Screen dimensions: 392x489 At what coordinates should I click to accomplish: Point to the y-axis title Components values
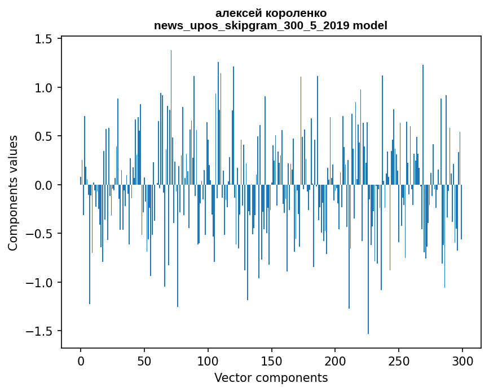click(x=13, y=193)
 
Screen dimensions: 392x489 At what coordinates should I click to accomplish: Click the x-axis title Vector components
click(x=271, y=377)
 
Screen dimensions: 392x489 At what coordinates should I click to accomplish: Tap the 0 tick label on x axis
click(x=81, y=360)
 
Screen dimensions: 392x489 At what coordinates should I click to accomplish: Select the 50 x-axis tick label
click(x=144, y=360)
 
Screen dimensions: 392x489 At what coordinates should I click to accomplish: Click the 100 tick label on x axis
click(x=208, y=360)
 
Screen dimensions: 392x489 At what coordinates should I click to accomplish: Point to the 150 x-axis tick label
click(x=271, y=360)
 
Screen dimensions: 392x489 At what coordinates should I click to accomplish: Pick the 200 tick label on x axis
click(x=335, y=360)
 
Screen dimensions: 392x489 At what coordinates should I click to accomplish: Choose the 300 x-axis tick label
click(x=462, y=360)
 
